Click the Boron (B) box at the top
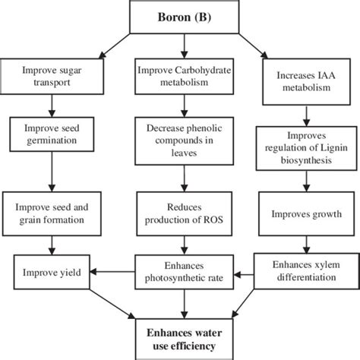[179, 17]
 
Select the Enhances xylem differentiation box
[307, 271]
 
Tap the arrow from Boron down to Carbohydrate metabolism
[180, 46]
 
